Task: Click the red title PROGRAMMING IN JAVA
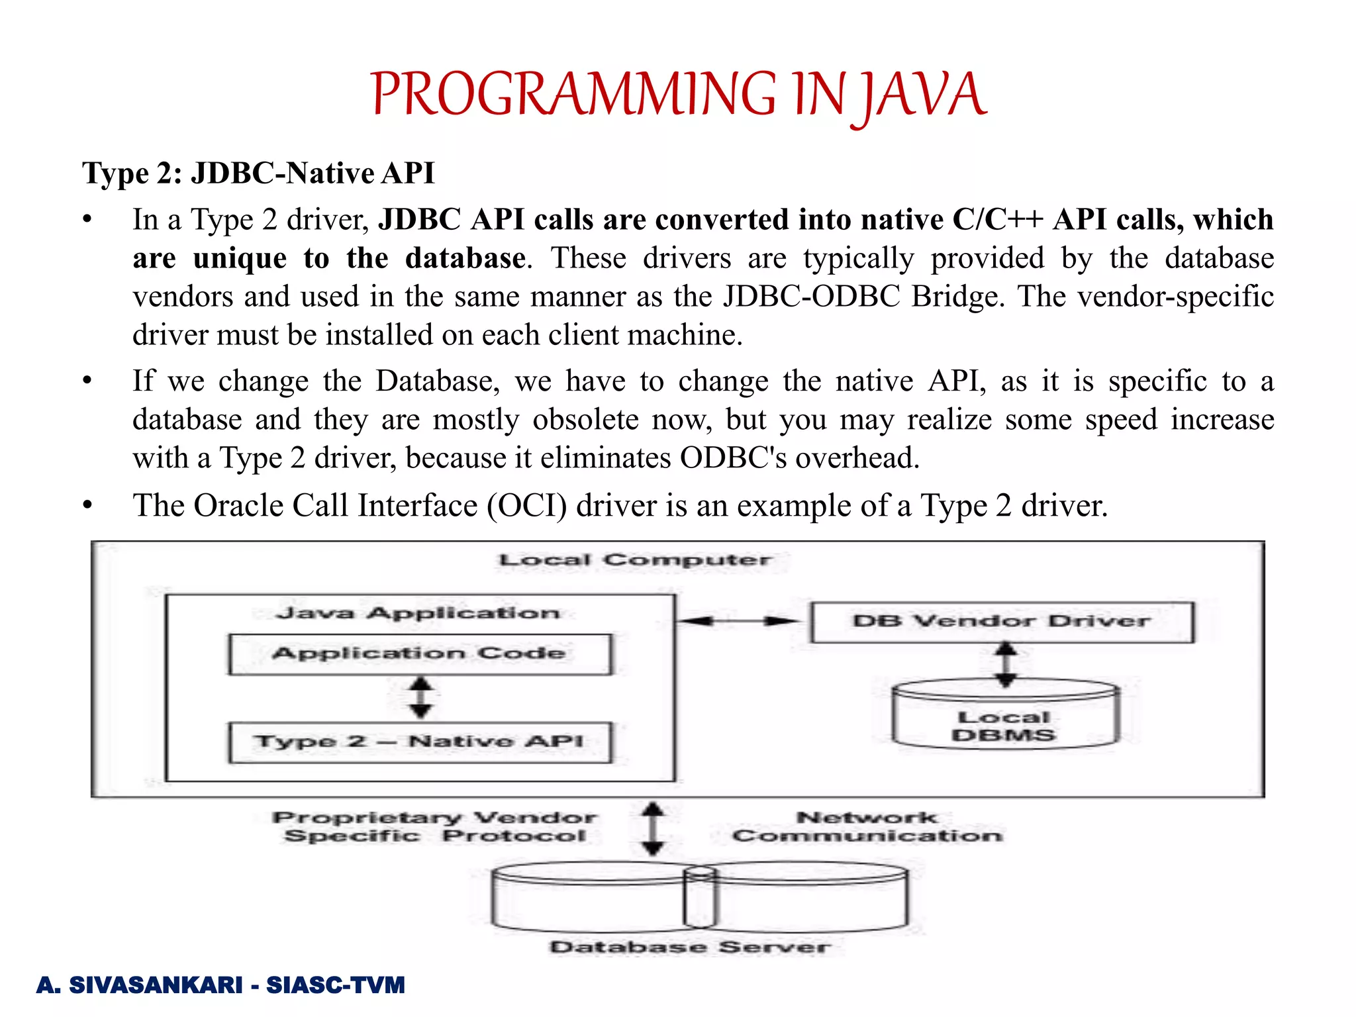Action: (x=678, y=95)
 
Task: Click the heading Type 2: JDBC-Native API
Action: (x=258, y=173)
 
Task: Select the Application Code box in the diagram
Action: (x=420, y=654)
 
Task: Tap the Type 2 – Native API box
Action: (x=420, y=742)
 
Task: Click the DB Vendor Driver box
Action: (x=1002, y=622)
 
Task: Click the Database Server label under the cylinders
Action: (x=690, y=947)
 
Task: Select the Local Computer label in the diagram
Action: (x=634, y=560)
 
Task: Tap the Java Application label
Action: (x=418, y=614)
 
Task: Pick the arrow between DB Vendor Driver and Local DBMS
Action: (x=1006, y=664)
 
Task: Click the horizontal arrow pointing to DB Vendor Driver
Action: (x=739, y=621)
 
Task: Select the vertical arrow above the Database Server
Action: (x=654, y=828)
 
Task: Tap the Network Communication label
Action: (x=867, y=827)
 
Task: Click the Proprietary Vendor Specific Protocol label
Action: (x=435, y=827)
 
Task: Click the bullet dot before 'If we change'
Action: (x=87, y=381)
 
